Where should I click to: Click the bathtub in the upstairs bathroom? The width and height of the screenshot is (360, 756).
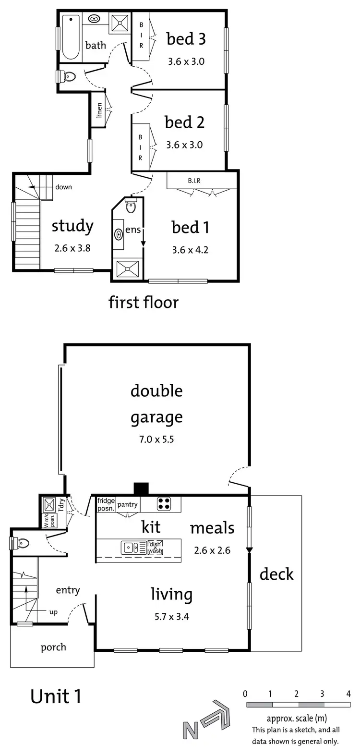[x=71, y=37]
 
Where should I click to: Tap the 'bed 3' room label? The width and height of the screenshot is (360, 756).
[x=186, y=39]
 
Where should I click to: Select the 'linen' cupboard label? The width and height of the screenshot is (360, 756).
[x=99, y=110]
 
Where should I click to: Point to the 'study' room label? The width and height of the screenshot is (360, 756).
[x=72, y=226]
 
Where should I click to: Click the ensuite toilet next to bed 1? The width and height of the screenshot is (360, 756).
[x=131, y=207]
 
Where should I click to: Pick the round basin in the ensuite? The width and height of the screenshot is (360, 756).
[x=119, y=234]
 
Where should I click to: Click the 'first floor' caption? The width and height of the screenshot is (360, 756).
[x=144, y=302]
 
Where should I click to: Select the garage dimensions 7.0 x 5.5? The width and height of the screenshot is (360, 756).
[x=157, y=439]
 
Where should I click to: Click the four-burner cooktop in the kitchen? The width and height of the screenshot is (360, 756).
[x=164, y=504]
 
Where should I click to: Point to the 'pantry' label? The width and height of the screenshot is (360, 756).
[x=127, y=504]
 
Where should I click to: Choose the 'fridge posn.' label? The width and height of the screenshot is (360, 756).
[x=106, y=504]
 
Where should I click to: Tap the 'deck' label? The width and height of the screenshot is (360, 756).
[x=276, y=574]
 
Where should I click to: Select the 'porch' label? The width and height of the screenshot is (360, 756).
[x=53, y=647]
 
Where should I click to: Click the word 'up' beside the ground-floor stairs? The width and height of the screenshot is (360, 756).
[x=53, y=612]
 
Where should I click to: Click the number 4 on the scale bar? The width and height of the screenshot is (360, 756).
[x=348, y=694]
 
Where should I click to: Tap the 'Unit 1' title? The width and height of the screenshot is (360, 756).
[x=56, y=696]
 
